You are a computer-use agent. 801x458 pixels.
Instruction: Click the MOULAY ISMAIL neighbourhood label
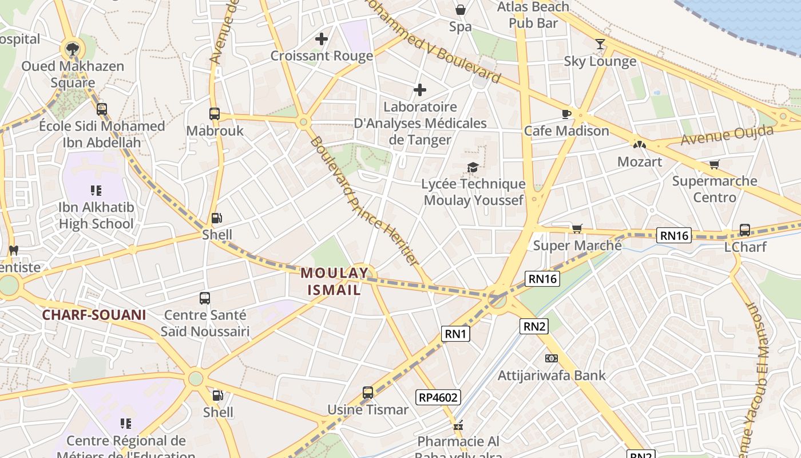tap(335, 281)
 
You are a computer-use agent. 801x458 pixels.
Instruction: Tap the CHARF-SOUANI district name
tap(94, 315)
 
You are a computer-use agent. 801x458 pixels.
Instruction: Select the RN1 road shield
tap(455, 334)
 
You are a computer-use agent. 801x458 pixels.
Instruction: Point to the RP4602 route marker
tap(438, 397)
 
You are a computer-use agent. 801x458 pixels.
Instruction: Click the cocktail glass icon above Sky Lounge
tap(600, 44)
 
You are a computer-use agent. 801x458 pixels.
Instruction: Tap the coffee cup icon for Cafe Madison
tap(566, 114)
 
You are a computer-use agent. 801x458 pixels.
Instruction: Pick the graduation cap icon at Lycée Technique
tap(473, 167)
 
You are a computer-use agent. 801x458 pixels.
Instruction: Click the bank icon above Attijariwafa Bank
tap(552, 358)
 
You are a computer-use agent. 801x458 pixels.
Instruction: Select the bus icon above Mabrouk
tap(215, 114)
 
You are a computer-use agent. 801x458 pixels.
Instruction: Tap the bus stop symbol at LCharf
tap(745, 230)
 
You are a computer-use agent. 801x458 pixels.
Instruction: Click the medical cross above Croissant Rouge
tap(322, 39)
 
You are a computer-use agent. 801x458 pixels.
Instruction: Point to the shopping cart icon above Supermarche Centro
tap(714, 165)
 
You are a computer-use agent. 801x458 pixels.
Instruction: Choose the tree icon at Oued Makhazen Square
tap(72, 49)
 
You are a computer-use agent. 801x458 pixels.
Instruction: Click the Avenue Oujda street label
tap(727, 135)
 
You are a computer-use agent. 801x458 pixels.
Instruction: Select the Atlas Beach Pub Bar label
tap(533, 15)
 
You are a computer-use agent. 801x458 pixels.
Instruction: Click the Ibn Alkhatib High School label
tap(96, 215)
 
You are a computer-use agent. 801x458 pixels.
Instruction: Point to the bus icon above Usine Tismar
tap(368, 393)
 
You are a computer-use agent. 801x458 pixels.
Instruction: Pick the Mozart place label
tap(640, 162)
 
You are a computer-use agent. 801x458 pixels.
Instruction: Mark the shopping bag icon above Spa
tap(461, 10)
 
